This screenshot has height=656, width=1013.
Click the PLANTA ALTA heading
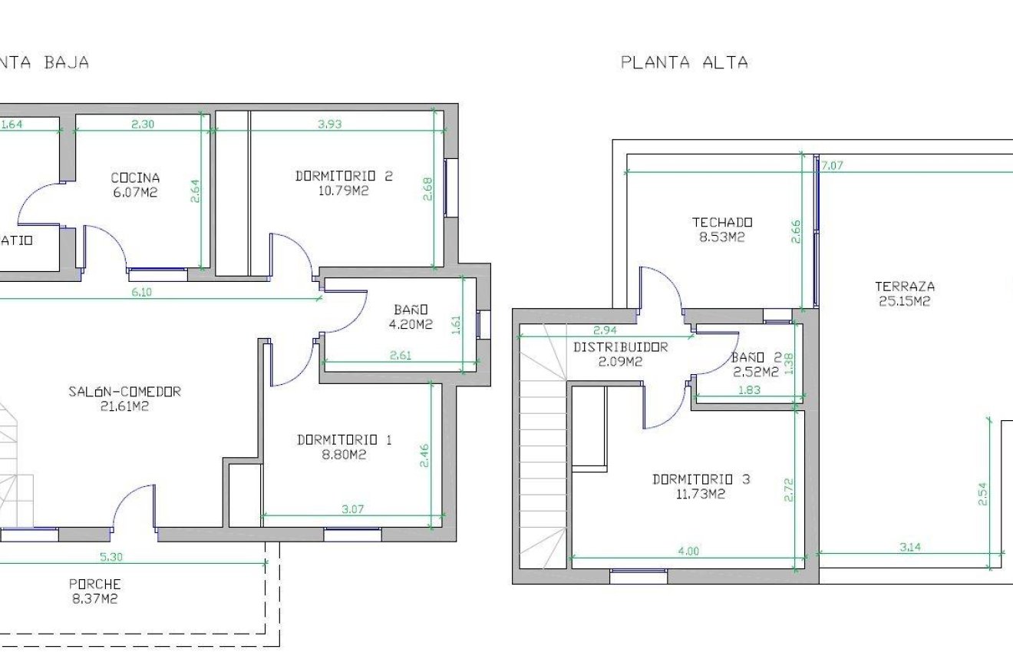(684, 63)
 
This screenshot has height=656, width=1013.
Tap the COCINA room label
(135, 178)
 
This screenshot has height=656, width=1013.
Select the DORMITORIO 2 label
(344, 176)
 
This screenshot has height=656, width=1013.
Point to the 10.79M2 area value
(344, 191)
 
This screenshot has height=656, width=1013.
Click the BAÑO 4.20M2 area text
(411, 324)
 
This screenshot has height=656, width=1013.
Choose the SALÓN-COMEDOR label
(124, 392)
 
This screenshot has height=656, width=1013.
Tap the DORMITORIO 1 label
(345, 440)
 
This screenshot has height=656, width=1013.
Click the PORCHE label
(95, 584)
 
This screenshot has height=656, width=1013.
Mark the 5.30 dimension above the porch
(111, 557)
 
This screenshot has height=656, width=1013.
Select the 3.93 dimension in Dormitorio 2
(329, 124)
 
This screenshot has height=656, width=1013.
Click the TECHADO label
(722, 223)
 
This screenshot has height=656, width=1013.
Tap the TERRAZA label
(905, 287)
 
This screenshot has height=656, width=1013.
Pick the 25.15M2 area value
(905, 302)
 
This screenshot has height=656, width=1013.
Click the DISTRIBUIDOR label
(621, 347)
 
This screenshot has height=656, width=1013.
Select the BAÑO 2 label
(756, 357)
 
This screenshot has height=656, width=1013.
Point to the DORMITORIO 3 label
(701, 480)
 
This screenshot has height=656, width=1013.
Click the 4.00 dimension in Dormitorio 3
(688, 551)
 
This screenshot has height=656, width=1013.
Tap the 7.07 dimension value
(833, 165)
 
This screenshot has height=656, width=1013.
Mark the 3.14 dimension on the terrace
(910, 548)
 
